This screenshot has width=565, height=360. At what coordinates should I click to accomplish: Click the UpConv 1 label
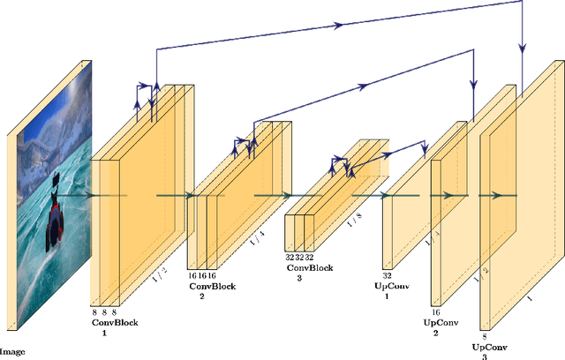[x=387, y=291]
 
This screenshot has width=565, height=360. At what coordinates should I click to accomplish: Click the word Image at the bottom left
[x=12, y=351]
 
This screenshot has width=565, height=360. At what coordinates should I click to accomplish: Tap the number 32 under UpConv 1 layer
[x=387, y=276]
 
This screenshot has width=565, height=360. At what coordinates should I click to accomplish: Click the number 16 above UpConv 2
[x=435, y=312]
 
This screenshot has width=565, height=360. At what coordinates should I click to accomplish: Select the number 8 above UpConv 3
[x=484, y=336]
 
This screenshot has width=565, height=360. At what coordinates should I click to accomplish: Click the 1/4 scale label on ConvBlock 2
[x=256, y=238]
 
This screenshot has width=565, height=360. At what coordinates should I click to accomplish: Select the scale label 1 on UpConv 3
[x=529, y=298]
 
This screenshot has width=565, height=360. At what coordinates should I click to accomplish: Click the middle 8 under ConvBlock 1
[x=105, y=312]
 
